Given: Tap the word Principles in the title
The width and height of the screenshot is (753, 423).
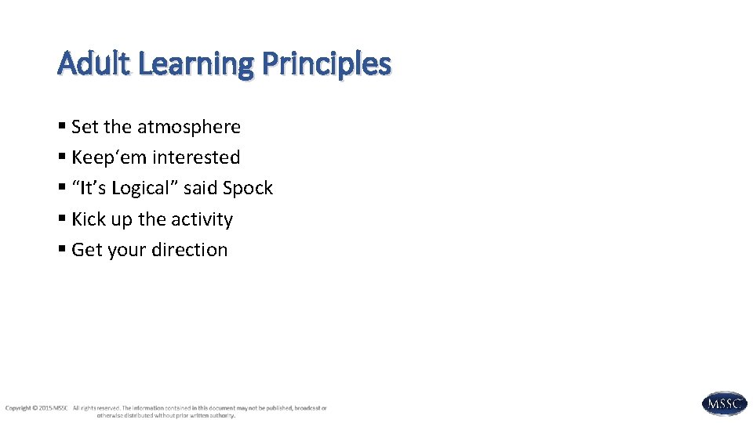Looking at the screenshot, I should click(x=326, y=64).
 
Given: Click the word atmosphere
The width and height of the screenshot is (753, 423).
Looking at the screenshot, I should click(x=189, y=127).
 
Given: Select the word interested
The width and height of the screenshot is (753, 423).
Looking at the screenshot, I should click(x=196, y=157).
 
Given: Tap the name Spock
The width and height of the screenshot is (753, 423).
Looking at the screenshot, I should click(x=248, y=189).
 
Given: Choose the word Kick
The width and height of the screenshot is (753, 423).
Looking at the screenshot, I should click(x=88, y=219).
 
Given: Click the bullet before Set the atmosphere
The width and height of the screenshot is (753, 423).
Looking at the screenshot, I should click(x=62, y=127).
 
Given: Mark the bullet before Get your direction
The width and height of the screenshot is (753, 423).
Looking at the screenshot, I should click(x=62, y=250).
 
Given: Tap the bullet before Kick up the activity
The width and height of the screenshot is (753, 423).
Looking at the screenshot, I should click(x=62, y=219).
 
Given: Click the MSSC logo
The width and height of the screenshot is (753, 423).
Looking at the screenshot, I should click(x=724, y=403).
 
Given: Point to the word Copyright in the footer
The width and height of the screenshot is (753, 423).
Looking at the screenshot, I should click(x=18, y=408).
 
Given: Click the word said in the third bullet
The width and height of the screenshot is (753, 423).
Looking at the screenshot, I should click(x=200, y=189).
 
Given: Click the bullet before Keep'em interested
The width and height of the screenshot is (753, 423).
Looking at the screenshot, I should click(x=62, y=157).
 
